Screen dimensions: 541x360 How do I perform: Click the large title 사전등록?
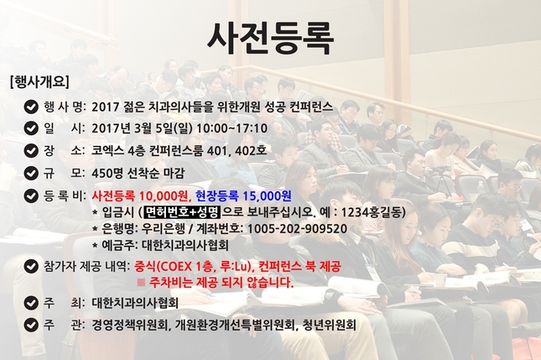(x=270, y=38)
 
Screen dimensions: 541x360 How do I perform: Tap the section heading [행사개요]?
(x=39, y=81)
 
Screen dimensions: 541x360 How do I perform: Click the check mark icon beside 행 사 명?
(x=31, y=107)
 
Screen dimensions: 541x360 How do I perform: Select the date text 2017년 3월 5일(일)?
(x=142, y=128)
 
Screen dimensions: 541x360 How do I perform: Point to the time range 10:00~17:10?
(x=231, y=128)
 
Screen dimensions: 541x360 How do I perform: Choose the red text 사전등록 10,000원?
(x=141, y=196)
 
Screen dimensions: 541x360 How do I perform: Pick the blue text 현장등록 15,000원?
(x=243, y=196)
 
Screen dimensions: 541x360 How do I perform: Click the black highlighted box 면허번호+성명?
(x=182, y=212)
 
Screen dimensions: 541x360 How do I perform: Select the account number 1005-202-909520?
(x=297, y=229)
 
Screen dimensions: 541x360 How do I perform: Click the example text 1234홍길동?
(x=372, y=212)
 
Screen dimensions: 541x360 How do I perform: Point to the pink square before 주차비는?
(x=141, y=283)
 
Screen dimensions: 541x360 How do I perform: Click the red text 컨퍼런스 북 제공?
(x=299, y=266)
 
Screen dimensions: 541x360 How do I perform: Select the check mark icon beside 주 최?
(x=31, y=303)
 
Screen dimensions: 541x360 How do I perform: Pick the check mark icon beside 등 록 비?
(x=31, y=196)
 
